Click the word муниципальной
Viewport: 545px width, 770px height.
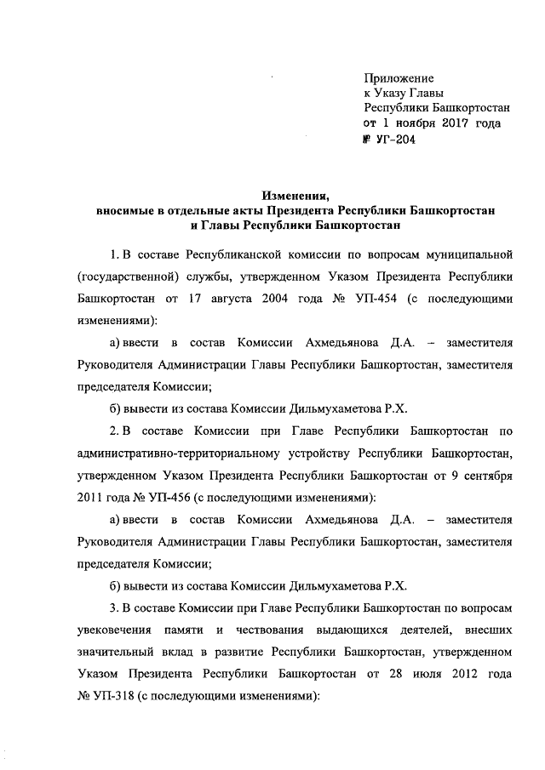pos(467,254)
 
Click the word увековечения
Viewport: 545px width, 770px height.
pos(115,632)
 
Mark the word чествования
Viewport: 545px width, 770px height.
pos(269,632)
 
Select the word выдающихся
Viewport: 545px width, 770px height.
pos(359,632)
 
